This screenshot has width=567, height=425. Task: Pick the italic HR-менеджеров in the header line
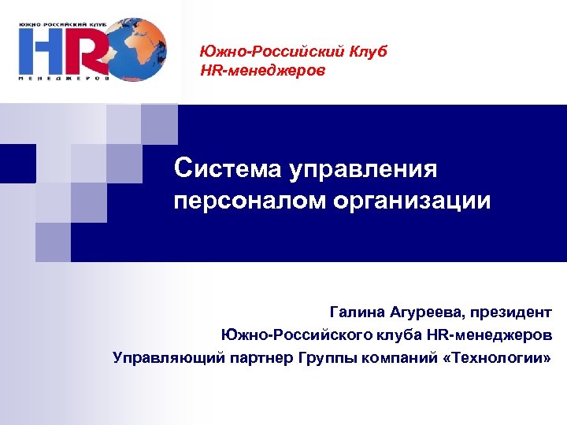click(x=263, y=71)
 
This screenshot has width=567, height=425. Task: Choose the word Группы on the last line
click(x=325, y=358)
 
